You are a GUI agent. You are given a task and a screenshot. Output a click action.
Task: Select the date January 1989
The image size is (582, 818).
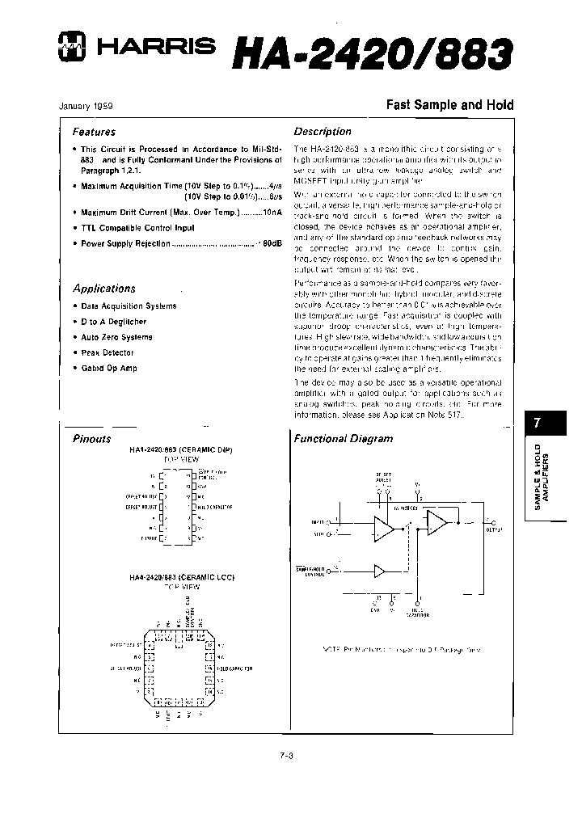(x=86, y=106)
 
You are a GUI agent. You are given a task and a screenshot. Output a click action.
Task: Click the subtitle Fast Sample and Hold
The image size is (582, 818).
(x=449, y=105)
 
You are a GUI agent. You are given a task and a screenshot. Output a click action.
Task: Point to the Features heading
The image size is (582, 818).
(x=94, y=132)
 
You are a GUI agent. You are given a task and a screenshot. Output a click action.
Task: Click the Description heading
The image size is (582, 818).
(x=323, y=132)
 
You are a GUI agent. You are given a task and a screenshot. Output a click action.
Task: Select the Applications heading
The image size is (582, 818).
(x=104, y=289)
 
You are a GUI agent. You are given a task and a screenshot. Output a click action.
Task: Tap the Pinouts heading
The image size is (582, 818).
(x=92, y=439)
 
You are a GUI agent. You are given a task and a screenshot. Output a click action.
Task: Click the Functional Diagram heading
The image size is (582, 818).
(x=343, y=439)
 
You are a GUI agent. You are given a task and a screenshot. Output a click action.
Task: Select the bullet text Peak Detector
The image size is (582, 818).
(x=108, y=352)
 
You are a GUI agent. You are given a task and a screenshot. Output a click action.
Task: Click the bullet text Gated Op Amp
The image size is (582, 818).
(x=109, y=368)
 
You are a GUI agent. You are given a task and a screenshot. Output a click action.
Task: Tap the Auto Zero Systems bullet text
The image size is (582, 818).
(x=116, y=337)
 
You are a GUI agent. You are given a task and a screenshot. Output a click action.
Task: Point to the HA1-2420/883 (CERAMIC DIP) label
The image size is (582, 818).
(x=175, y=449)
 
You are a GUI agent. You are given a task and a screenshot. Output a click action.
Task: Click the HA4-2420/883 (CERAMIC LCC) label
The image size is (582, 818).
(x=175, y=578)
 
